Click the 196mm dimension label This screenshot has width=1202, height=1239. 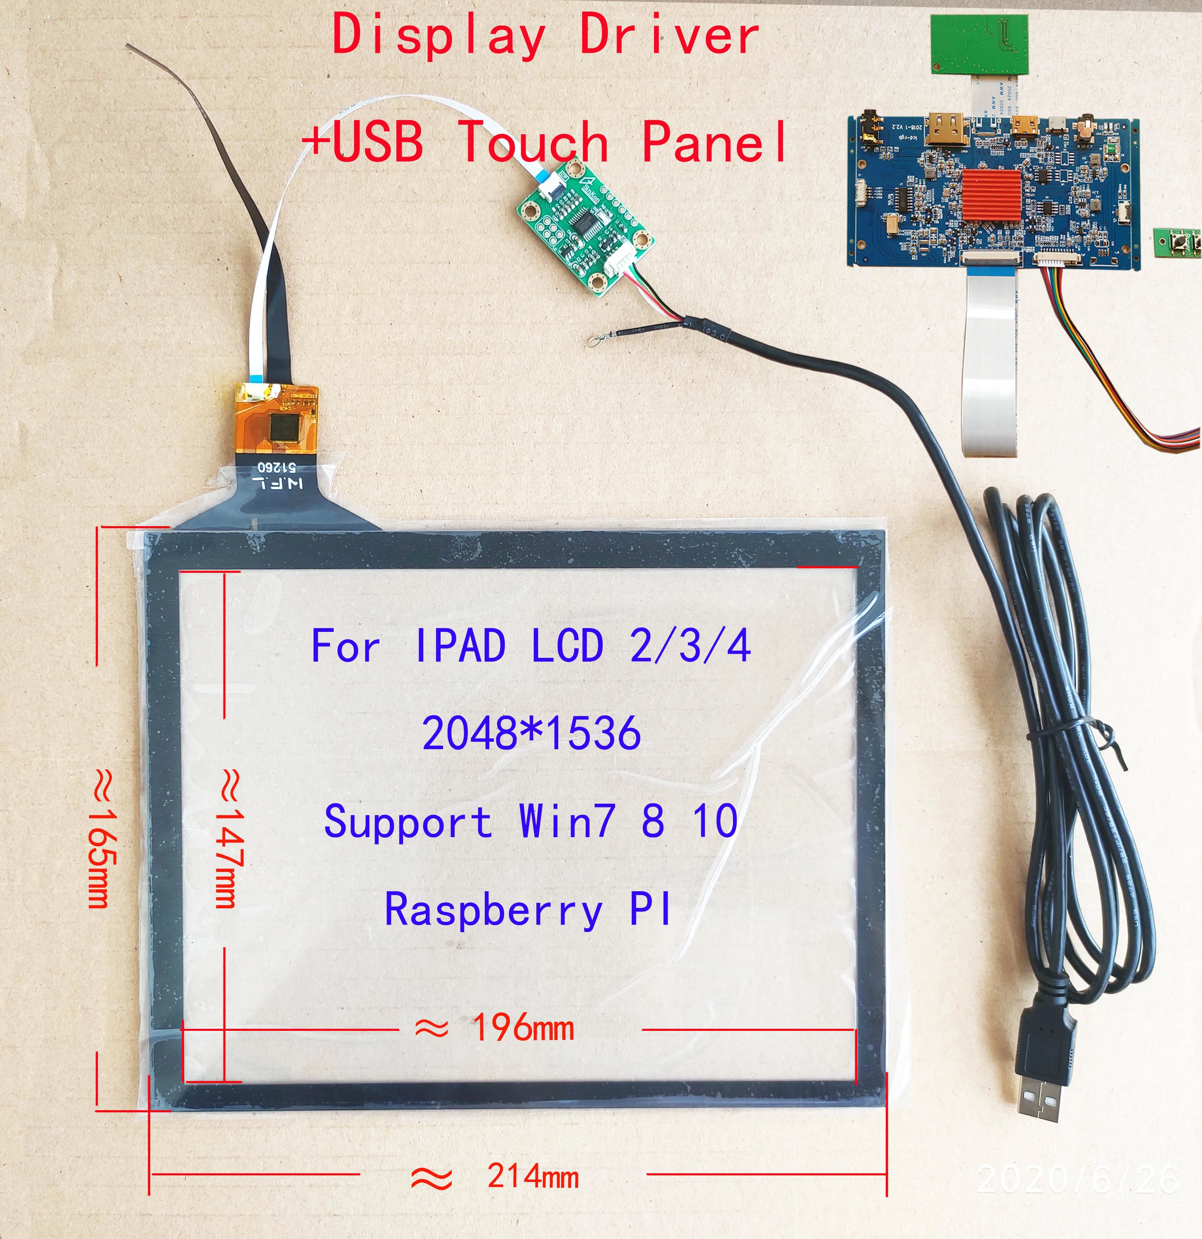pos(523,1028)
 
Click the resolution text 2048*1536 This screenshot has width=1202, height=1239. pos(531,734)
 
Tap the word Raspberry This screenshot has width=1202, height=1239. pos(493,910)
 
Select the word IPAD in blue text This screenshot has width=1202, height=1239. pos(460,646)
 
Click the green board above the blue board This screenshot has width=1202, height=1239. pos(979,44)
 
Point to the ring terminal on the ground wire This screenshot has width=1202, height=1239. pos(592,343)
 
